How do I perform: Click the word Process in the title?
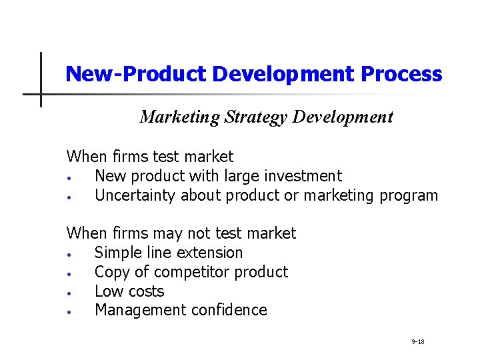pyautogui.click(x=401, y=74)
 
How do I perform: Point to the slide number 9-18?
pyautogui.click(x=418, y=342)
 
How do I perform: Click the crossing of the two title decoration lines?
pyautogui.click(x=41, y=94)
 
